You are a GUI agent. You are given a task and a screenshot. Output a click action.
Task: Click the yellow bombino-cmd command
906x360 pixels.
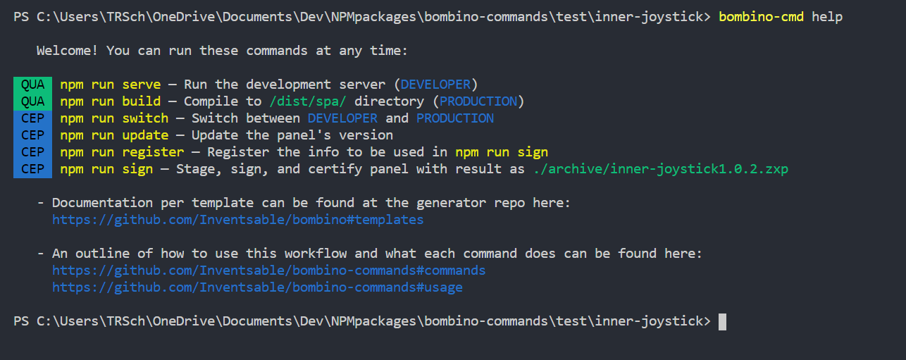tap(761, 17)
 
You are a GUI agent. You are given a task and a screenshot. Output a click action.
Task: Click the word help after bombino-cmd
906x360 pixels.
tap(827, 17)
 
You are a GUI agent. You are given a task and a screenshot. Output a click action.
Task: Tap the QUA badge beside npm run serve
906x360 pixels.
tap(32, 85)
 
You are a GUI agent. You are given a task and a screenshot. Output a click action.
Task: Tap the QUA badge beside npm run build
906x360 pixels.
tap(32, 101)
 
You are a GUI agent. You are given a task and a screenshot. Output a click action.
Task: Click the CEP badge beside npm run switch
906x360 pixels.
tap(32, 118)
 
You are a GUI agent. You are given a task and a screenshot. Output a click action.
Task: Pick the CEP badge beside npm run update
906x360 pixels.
tap(32, 135)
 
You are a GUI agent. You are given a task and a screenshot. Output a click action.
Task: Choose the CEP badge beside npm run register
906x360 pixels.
tap(32, 152)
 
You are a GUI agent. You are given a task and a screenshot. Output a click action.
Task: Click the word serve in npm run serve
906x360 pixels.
tap(142, 85)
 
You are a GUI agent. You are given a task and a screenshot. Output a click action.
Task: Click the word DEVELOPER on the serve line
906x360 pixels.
tap(435, 85)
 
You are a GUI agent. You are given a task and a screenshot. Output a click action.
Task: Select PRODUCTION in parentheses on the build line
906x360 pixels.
tap(478, 101)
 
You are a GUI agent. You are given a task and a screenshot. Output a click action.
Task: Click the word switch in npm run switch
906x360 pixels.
tap(145, 118)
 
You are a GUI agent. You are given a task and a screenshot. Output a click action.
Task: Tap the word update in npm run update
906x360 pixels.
tap(145, 135)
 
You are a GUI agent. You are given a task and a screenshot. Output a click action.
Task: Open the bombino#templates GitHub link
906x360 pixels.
tap(238, 220)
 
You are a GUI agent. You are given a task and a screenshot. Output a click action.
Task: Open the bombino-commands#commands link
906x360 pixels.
tap(269, 271)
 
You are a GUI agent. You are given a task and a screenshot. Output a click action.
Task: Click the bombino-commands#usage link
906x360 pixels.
tap(257, 287)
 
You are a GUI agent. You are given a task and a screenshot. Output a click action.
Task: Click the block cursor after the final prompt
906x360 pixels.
tap(722, 322)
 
